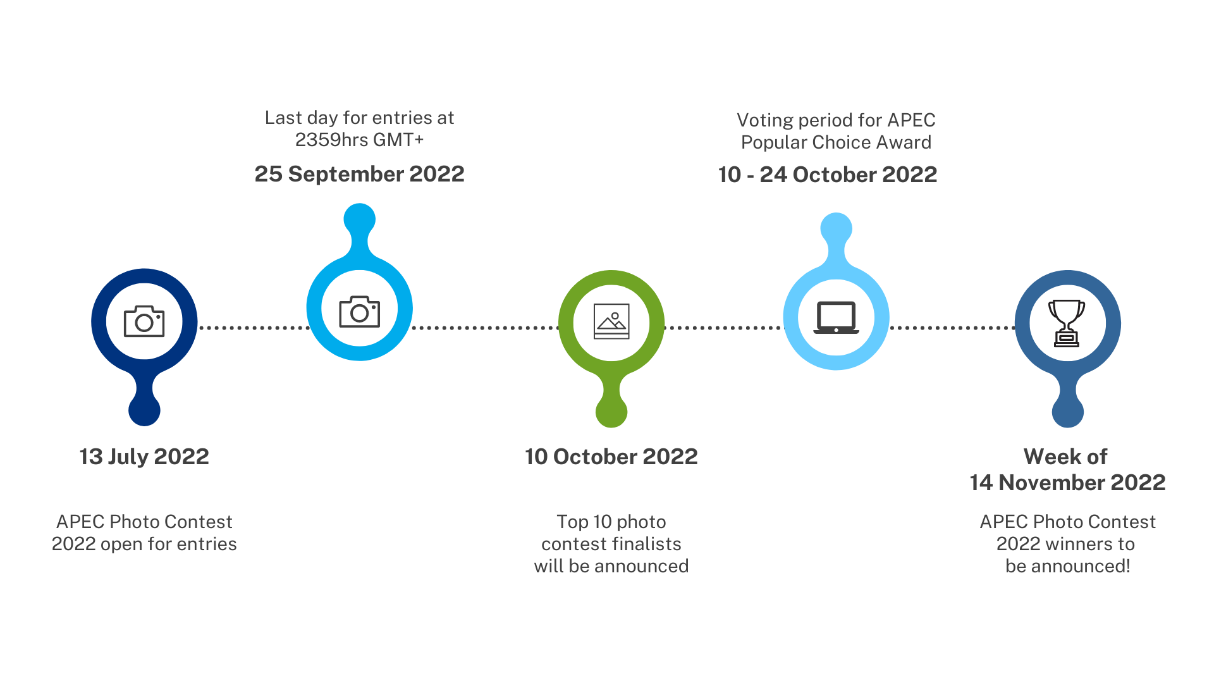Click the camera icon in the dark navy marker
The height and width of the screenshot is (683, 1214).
(x=144, y=321)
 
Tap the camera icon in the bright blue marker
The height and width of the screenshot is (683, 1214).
(x=360, y=311)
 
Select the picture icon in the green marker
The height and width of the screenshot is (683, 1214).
(x=611, y=321)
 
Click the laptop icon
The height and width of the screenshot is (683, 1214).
(x=836, y=317)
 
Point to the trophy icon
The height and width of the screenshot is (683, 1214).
(x=1067, y=323)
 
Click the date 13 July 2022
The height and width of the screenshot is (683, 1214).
(x=144, y=457)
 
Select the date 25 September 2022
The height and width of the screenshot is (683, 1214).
(x=359, y=174)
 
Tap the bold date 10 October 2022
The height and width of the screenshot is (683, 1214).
(x=611, y=457)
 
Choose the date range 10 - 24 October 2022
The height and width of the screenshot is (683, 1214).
(x=828, y=175)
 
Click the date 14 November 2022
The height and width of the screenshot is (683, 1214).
(x=1068, y=483)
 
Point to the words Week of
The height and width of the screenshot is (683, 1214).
(x=1066, y=457)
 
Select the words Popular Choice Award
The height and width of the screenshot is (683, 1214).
(x=836, y=142)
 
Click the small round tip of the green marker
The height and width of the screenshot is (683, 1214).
(x=611, y=412)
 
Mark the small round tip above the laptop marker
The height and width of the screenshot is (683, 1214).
(x=836, y=228)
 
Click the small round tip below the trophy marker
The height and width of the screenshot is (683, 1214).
(x=1068, y=412)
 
